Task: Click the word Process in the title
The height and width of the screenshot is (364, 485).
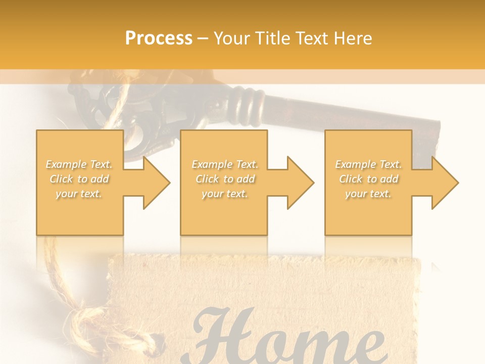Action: pyautogui.click(x=159, y=38)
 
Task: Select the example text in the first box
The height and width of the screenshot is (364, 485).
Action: pyautogui.click(x=79, y=179)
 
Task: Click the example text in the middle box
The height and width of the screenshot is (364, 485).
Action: pyautogui.click(x=224, y=179)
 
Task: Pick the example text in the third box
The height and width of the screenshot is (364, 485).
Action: pyautogui.click(x=368, y=179)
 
